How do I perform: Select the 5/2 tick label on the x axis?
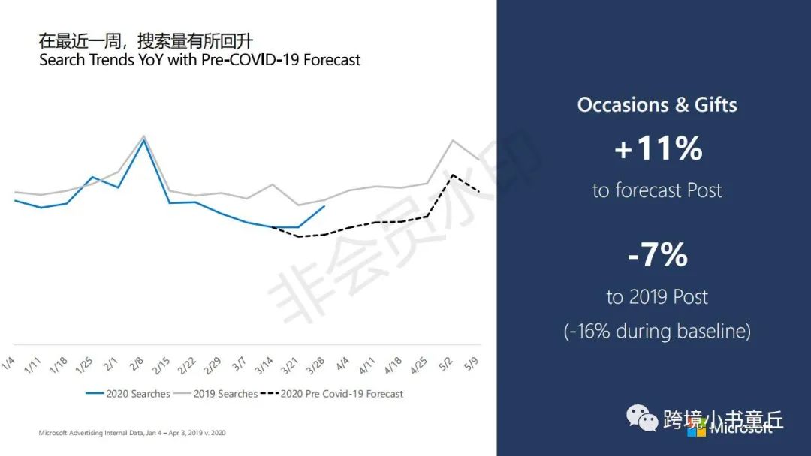point(446,364)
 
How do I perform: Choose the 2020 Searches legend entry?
point(128,394)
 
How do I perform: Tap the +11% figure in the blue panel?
point(658,148)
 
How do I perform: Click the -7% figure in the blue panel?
point(658,255)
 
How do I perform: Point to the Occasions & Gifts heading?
point(657,104)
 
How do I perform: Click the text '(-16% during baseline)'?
point(657,331)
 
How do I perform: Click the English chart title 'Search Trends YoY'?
point(200,59)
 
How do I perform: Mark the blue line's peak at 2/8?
point(144,140)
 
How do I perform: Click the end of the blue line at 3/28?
point(324,206)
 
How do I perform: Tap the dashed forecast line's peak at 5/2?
point(452,175)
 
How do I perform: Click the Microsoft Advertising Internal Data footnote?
point(131,433)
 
